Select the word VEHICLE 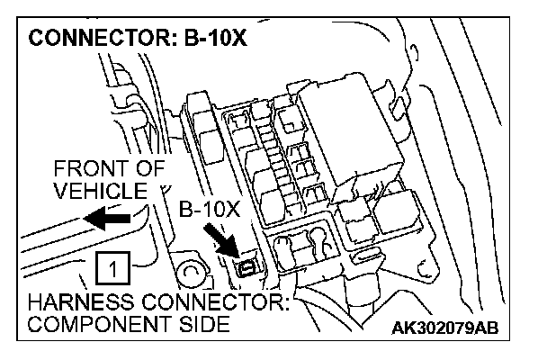tap(99, 191)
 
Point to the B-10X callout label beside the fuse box tap(210, 211)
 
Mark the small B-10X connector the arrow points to tap(244, 266)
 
